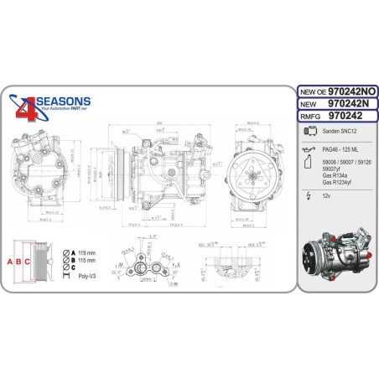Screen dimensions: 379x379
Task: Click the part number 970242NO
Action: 346,89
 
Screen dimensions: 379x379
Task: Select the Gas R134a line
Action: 338,177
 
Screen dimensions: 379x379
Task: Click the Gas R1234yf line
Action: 340,183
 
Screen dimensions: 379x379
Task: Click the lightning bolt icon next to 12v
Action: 310,196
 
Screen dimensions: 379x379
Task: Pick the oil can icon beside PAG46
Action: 310,148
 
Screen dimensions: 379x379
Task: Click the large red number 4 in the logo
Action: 26,108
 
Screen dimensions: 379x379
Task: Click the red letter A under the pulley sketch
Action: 9,260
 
